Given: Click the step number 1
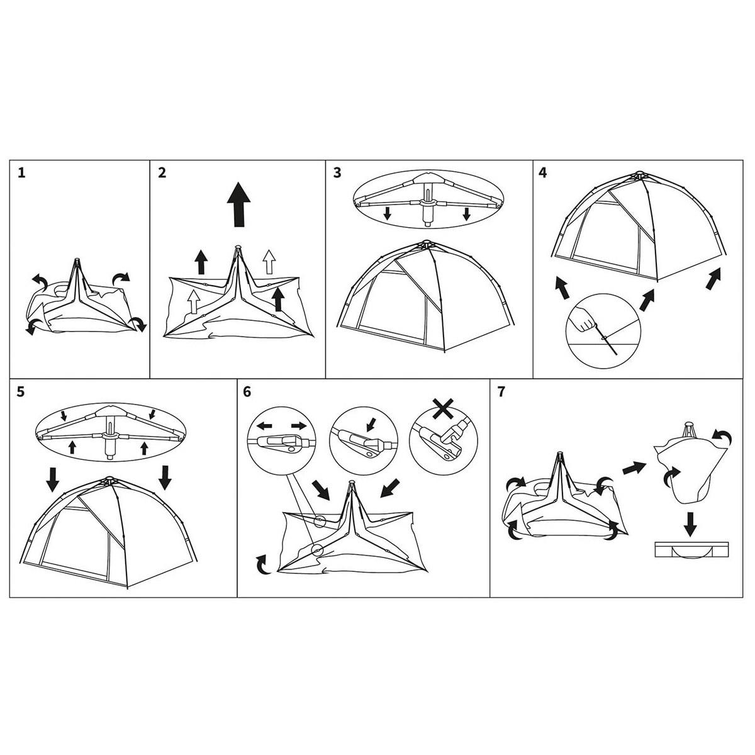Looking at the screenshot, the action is click(x=21, y=173).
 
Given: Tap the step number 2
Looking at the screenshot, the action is click(x=162, y=173).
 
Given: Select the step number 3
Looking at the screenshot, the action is click(x=337, y=173).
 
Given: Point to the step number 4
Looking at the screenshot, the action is click(x=542, y=173).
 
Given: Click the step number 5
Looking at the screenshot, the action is click(x=21, y=392).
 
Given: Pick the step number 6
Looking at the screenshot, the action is click(x=247, y=392).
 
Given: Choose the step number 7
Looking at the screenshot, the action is click(x=501, y=392).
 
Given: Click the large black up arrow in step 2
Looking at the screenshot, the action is click(x=238, y=204).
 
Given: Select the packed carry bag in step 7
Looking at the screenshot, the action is click(x=691, y=550).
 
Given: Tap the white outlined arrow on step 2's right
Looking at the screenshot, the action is click(x=269, y=261).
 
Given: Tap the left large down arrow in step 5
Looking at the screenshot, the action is click(x=52, y=479).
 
